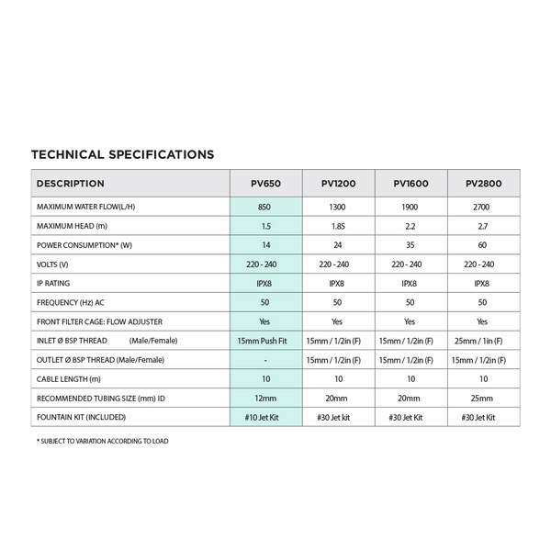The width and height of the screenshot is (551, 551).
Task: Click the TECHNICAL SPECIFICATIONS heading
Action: [x=122, y=154]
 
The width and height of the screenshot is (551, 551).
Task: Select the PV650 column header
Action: [x=265, y=184]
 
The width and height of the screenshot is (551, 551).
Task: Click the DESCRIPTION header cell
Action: [x=71, y=184]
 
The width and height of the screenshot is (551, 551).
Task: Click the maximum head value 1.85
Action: [x=337, y=226]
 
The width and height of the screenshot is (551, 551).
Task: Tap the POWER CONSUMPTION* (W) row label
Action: [x=84, y=245]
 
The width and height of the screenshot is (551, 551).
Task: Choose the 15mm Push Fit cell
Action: [x=265, y=341]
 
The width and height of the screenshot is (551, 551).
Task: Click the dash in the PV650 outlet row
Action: [x=265, y=360]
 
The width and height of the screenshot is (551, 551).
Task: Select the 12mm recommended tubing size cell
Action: [x=265, y=399]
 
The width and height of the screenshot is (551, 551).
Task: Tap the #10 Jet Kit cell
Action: [x=265, y=418]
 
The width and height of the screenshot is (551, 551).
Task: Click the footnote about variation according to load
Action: [x=102, y=442]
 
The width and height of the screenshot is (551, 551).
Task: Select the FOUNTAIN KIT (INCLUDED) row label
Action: [x=84, y=418]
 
